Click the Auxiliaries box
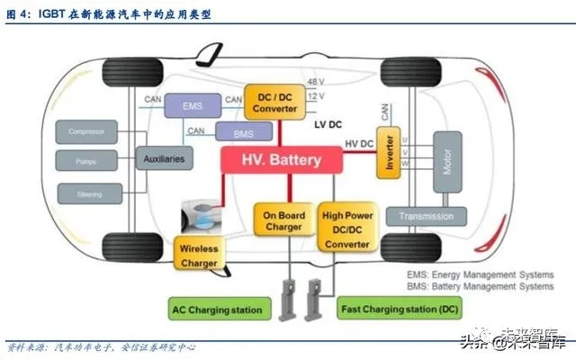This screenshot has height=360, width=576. click(x=164, y=159)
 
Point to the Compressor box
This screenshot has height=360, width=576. click(x=87, y=132)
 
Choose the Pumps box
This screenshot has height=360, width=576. click(x=87, y=162)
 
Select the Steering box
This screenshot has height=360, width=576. click(x=87, y=192)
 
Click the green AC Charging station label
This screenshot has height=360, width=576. click(x=218, y=310)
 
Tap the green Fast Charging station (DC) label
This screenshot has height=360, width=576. click(x=398, y=310)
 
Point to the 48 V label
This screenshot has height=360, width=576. click(x=316, y=82)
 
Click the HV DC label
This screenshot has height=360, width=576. click(x=359, y=144)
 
